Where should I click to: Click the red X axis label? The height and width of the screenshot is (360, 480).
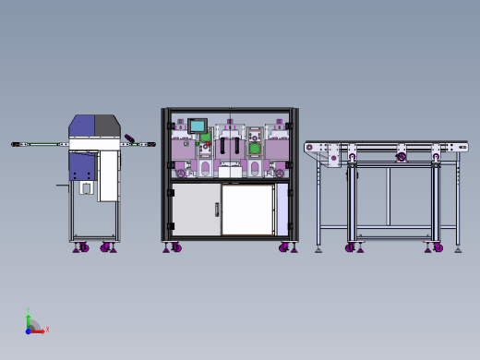coord(47,330)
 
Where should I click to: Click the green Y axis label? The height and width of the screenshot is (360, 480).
coord(28,311)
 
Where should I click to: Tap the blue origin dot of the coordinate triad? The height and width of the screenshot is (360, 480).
coord(29,330)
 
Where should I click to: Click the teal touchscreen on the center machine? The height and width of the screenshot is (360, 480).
coord(197,126)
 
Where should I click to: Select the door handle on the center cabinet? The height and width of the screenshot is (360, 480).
coord(217,210)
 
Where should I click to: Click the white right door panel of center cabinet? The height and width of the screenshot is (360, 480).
coord(247,210)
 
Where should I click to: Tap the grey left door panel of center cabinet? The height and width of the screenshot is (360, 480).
coord(194,210)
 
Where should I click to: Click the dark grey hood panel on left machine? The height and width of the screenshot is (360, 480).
coord(107,126)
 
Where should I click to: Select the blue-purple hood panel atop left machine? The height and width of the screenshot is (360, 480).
coord(82,126)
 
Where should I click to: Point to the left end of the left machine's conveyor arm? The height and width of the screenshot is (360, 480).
coord(16,144)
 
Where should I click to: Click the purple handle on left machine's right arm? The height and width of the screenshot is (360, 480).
coord(129,139)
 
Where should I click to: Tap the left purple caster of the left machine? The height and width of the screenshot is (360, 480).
coord(83,247)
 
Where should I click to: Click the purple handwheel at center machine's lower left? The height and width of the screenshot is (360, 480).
coord(181,173)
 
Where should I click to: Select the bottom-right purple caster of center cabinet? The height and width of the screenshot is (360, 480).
coord(284,247)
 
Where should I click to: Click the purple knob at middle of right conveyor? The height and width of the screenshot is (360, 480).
coord(401,157)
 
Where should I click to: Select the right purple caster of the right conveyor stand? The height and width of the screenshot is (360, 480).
coord(438,247)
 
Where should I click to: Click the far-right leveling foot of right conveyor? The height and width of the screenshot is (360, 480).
coord(458,249)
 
